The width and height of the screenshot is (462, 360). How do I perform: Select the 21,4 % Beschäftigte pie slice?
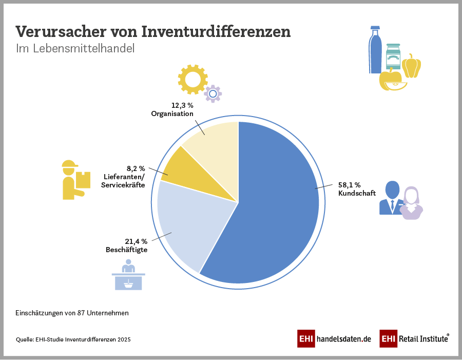coord(185,226)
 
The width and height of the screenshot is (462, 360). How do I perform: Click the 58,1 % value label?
coord(350,185)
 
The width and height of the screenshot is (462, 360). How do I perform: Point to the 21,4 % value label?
coord(137,241)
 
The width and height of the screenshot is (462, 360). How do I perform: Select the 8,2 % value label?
coord(136,168)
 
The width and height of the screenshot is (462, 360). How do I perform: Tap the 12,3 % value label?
coord(182,105)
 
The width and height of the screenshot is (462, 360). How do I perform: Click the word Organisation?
coord(172,113)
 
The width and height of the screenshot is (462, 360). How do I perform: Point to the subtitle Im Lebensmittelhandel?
coord(75,49)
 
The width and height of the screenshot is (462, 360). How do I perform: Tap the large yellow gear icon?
coord(192,79)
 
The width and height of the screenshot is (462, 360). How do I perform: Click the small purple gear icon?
coord(213,93)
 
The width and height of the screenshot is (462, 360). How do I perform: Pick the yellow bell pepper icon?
coord(411,66)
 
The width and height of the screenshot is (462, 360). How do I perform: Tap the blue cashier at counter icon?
coord(128,275)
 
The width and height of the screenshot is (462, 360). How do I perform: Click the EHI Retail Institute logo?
coord(415,339)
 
